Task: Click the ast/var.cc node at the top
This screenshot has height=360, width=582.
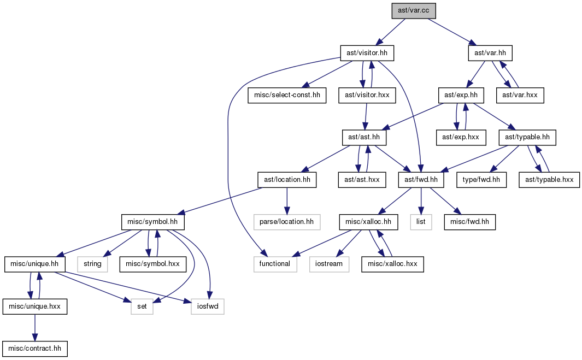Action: point(414,11)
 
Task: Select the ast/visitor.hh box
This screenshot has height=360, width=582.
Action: point(367,53)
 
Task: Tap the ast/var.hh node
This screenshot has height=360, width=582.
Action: point(490,53)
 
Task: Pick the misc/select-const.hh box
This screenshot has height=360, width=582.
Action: point(287,96)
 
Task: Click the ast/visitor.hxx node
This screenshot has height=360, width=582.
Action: point(367,96)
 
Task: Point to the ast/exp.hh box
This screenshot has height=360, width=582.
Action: point(461,96)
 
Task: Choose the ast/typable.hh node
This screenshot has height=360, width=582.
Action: point(527,138)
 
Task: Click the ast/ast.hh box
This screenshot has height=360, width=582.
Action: point(364,138)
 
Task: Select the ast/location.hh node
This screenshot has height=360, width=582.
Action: point(287,180)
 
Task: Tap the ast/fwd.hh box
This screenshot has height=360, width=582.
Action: point(421,180)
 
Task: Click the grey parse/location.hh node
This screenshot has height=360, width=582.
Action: point(286,222)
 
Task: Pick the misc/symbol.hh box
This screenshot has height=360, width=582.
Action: point(152,222)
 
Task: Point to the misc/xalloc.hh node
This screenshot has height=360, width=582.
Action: point(368,222)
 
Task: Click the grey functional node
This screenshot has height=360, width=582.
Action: point(275,264)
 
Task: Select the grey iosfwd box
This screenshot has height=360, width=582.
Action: point(208,307)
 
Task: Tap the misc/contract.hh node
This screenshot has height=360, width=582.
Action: point(35,349)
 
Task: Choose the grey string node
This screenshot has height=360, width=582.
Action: point(92,264)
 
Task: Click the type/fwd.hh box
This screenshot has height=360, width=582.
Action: point(481,180)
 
